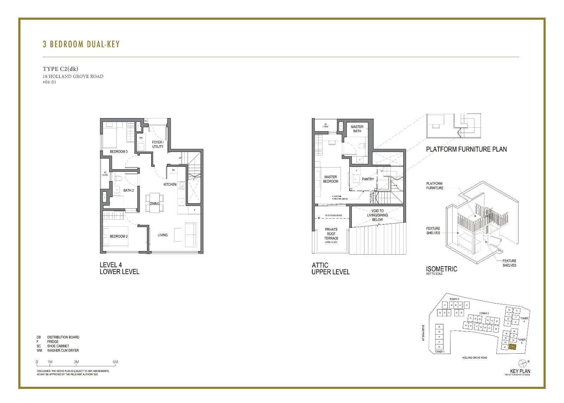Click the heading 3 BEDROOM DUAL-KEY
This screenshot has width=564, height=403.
pos(81,44)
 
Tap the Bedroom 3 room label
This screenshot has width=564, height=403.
pos(118,152)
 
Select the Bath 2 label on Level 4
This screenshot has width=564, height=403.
pos(128,190)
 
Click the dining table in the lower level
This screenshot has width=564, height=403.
pos(154,203)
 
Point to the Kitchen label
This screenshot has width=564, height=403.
pos(170,184)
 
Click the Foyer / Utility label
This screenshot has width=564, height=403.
pos(158,144)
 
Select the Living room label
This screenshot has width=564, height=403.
pos(163,235)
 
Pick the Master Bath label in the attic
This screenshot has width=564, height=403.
pos(357,129)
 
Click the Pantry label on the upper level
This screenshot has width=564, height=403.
pos(368,179)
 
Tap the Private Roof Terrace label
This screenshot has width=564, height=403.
pos(331,234)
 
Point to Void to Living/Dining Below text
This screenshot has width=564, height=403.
pos(377,215)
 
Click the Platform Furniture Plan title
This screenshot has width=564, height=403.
pos(466,149)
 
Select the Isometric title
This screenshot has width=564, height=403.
pos(441,269)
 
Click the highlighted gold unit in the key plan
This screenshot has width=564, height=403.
pos(513,347)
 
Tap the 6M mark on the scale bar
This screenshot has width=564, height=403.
pos(115,362)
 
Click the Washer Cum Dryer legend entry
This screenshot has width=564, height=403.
pos(63,350)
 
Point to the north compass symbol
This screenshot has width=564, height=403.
pos(523,363)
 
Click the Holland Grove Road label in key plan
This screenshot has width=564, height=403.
pos(474,358)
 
